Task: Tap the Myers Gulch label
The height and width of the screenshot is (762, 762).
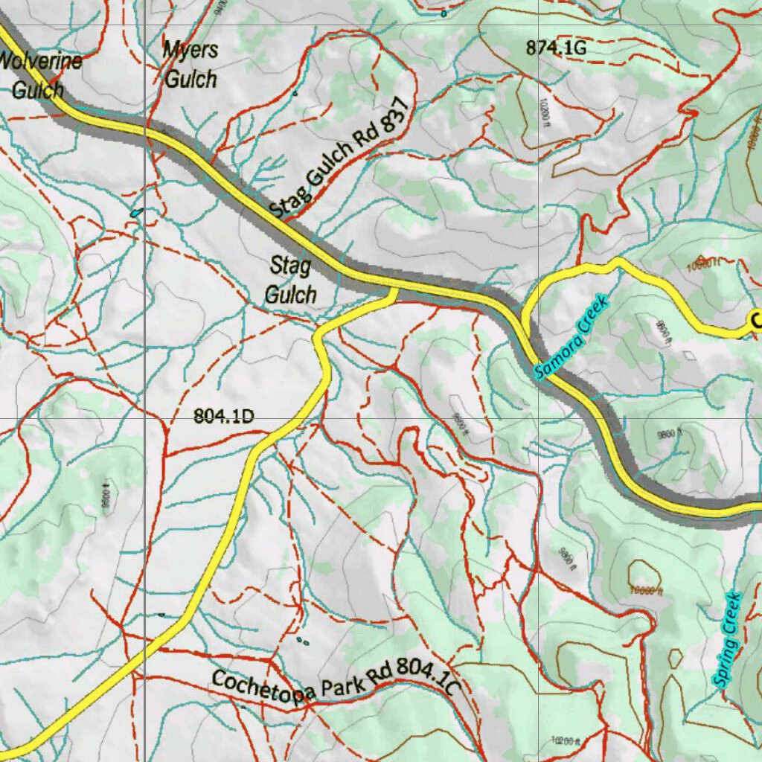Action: tap(190, 65)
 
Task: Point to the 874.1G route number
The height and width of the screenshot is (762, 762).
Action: tap(556, 48)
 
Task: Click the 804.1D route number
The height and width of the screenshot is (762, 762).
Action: tap(223, 417)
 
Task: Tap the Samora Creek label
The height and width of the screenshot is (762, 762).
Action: tap(571, 337)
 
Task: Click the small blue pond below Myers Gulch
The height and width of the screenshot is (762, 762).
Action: tap(135, 213)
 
